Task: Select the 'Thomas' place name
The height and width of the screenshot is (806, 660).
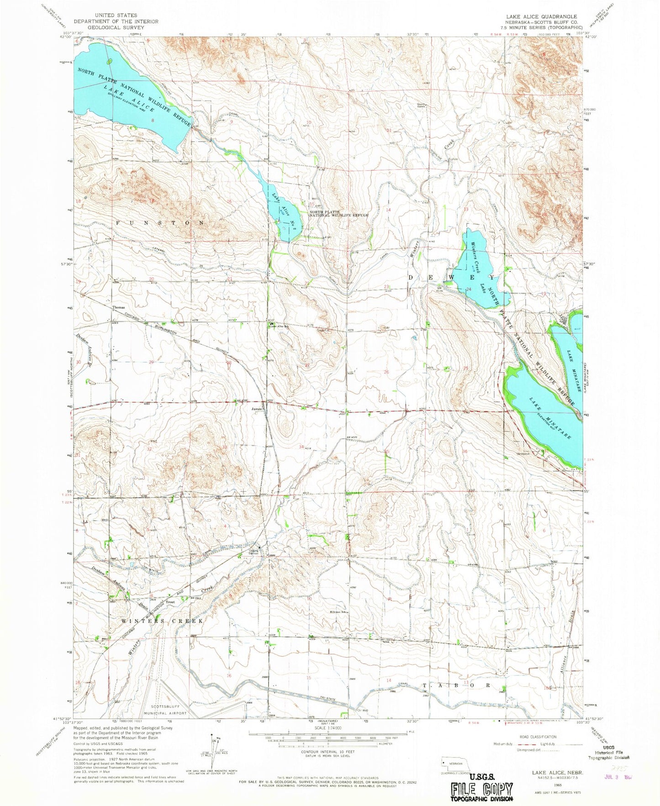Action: click(118, 307)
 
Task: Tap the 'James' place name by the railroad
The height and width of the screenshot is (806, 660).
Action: click(257, 409)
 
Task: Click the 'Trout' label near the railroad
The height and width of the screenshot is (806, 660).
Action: click(170, 602)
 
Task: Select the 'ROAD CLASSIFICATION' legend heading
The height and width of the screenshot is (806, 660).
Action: click(538, 737)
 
